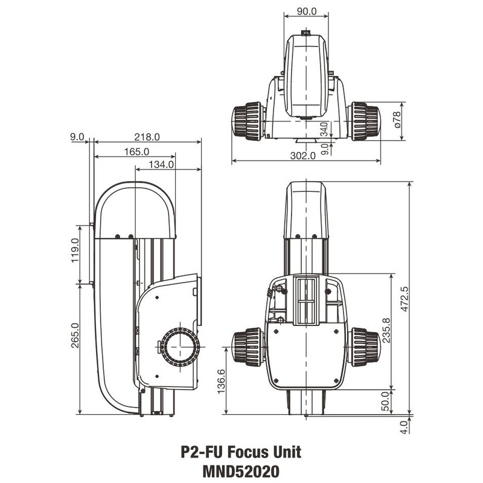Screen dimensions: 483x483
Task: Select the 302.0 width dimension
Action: coord(304,156)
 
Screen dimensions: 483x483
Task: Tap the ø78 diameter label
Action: coord(397,121)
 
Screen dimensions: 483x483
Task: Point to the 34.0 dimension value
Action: coord(324,129)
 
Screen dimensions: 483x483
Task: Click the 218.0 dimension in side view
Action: coord(147,137)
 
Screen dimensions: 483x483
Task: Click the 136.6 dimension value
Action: coord(221,382)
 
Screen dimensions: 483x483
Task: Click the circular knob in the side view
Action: coord(181,347)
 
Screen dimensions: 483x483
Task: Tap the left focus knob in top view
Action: coord(248,121)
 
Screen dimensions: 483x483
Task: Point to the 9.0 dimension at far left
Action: coord(78,137)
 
